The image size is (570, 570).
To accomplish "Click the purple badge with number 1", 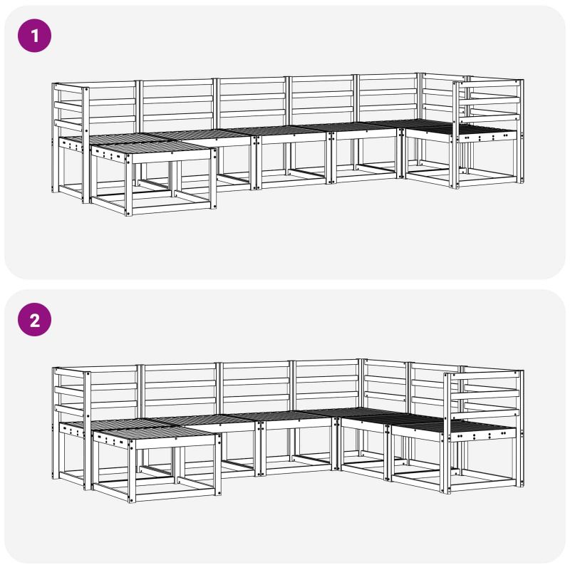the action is tap(34, 36).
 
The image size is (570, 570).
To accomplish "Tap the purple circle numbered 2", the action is tap(34, 320).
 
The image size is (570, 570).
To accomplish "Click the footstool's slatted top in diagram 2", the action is tap(155, 432).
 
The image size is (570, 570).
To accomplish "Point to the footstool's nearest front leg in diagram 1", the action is tap(128, 185).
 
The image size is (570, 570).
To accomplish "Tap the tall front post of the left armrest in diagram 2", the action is tap(87, 431).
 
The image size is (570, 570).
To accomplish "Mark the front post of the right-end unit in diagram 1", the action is tap(455, 135).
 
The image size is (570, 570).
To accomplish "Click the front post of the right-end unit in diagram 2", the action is tap(447, 433).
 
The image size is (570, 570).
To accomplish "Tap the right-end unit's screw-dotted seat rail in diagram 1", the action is tap(487, 138).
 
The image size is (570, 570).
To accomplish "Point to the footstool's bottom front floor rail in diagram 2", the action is tap(175, 495).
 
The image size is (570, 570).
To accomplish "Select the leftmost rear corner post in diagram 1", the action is tap(55, 138).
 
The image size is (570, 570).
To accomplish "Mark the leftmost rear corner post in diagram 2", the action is tap(56, 423).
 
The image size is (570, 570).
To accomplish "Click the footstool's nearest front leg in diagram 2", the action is tap(132, 471).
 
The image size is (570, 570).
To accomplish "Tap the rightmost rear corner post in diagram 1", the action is tap(522, 131).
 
